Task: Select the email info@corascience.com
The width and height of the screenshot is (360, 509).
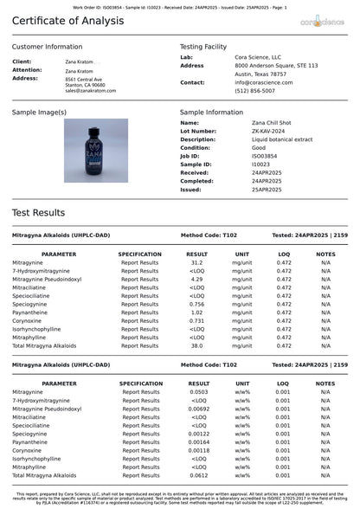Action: (x=264, y=82)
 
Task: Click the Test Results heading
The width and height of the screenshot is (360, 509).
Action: (x=38, y=212)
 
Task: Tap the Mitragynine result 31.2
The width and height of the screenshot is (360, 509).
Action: (x=196, y=262)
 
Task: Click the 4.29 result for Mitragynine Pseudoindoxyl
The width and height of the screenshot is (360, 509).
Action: (x=196, y=279)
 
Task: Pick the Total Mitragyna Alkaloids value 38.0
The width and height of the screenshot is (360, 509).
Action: (x=196, y=345)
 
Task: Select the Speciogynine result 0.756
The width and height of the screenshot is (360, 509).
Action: (x=196, y=304)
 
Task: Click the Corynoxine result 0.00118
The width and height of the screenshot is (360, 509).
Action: (x=198, y=450)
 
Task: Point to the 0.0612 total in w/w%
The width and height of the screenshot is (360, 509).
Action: (x=198, y=475)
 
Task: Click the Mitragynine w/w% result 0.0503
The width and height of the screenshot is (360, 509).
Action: (x=198, y=392)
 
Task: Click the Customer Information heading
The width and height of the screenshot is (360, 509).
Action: (x=48, y=47)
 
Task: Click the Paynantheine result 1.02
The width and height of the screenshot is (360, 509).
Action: (x=196, y=312)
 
